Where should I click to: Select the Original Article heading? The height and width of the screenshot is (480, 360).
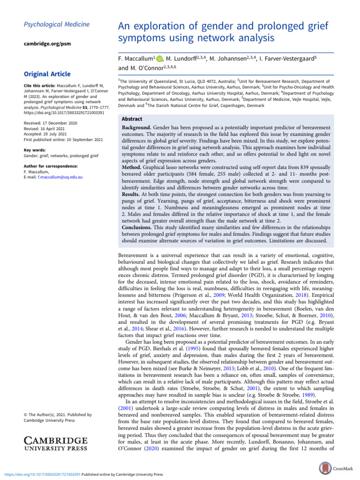tap(47, 74)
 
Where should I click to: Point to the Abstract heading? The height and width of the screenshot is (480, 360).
tap(133, 120)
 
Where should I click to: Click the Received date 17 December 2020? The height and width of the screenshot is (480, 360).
tap(50, 123)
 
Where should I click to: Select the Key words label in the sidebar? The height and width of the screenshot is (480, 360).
tap(36, 150)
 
